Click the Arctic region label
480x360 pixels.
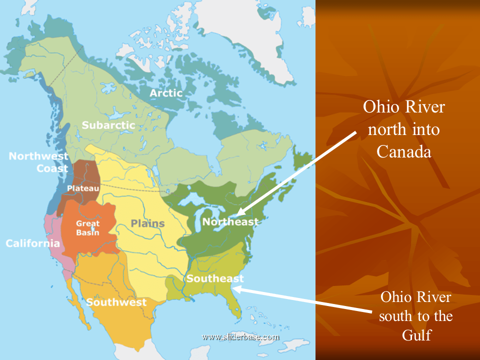pos(166,93)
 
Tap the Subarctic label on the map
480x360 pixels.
pos(108,125)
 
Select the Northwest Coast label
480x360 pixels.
pos(38,162)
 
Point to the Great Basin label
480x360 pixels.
pos(87,228)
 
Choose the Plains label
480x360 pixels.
pos(148,223)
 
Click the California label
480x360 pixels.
pos(33,243)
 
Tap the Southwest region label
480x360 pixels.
pos(116,302)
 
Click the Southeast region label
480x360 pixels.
pos(215,278)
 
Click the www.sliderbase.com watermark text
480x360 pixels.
pos(240,336)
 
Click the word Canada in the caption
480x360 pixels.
pos(403,151)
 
